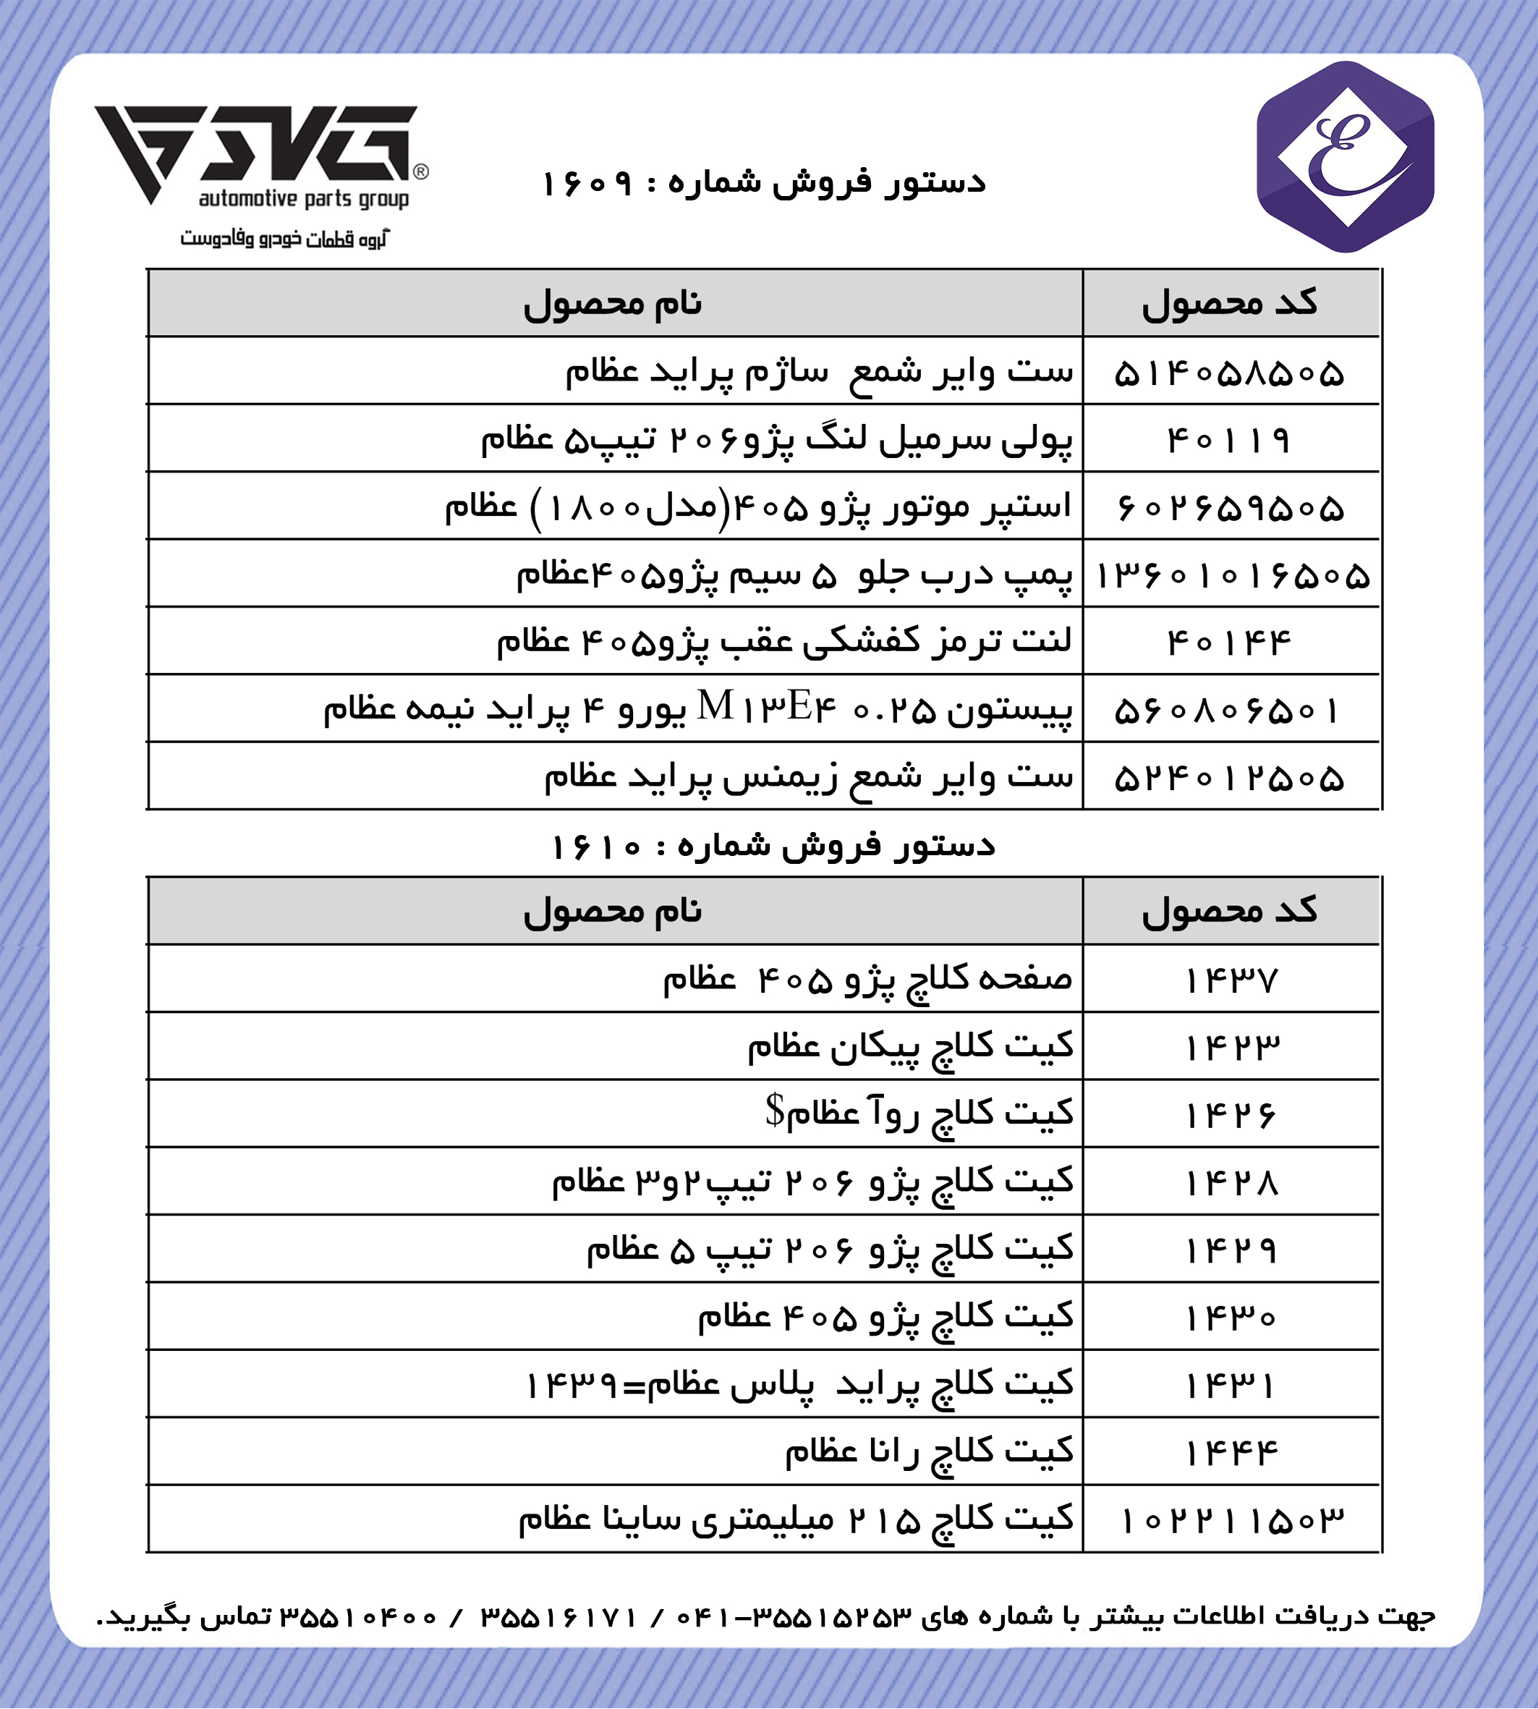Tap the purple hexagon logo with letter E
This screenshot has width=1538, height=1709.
1346,157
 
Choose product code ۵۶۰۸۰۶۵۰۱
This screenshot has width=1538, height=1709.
1228,711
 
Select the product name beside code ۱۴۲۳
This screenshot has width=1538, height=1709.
910,1047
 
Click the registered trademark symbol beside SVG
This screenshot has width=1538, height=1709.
421,172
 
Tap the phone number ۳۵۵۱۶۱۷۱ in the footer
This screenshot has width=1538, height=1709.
558,1617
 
